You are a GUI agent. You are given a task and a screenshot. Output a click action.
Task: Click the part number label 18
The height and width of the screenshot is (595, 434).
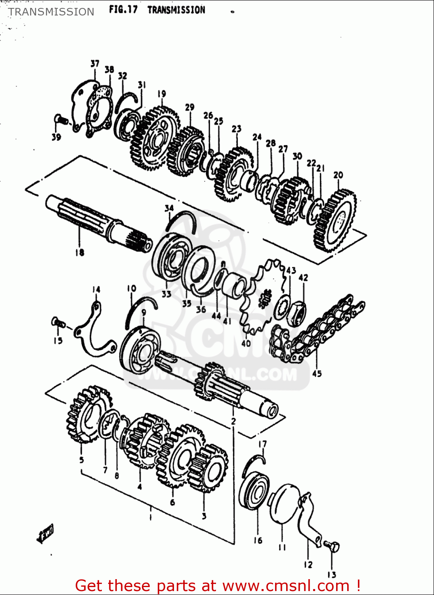79,252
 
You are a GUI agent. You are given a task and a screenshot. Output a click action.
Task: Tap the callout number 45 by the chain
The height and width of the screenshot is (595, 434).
317,373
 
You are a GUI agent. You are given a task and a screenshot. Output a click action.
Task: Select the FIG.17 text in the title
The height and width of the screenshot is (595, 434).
123,10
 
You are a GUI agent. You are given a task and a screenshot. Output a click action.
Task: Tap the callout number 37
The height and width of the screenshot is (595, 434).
95,63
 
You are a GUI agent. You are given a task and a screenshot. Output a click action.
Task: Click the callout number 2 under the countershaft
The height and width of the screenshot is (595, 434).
233,421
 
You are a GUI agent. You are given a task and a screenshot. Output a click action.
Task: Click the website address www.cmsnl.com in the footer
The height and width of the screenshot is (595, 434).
285,586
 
